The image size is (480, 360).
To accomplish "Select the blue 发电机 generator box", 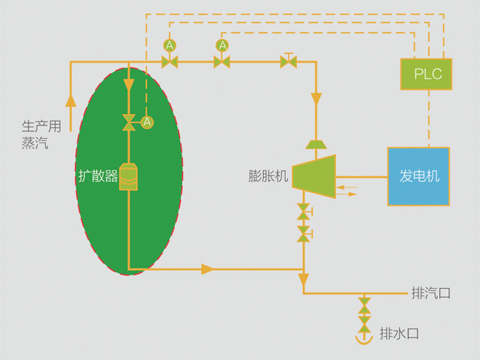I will [x=418, y=177].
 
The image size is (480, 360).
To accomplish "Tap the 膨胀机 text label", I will [x=268, y=177].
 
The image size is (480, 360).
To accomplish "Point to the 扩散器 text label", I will [x=98, y=176].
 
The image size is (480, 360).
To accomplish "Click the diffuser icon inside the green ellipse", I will [x=129, y=177].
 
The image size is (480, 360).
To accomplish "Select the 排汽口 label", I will [x=431, y=292].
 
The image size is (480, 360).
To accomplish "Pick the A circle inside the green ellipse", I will [x=147, y=121].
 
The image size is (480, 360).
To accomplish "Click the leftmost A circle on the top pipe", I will [x=170, y=46].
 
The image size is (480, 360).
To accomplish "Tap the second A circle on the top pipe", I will [x=222, y=46].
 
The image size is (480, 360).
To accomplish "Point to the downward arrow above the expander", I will [x=316, y=99].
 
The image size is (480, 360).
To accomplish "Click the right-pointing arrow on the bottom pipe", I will [x=206, y=268].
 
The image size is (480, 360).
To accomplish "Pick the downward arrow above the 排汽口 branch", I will [x=304, y=281].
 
